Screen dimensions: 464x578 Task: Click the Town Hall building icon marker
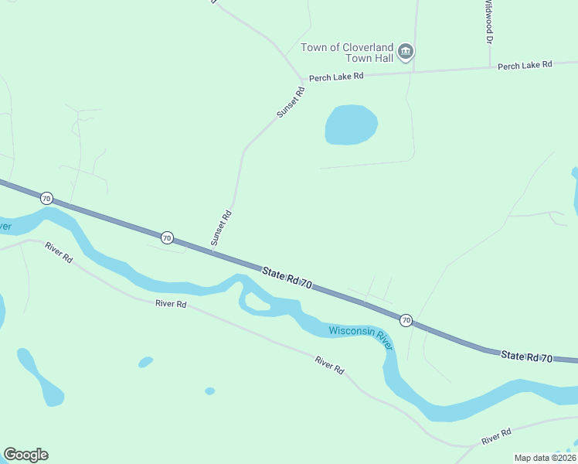[x=406, y=53]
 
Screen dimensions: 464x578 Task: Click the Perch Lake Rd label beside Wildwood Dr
[x=525, y=66]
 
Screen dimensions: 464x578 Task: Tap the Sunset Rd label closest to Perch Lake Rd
[x=291, y=102]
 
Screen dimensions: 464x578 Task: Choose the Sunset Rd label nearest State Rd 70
[x=222, y=228]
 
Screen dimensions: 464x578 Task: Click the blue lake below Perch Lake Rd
[x=351, y=125]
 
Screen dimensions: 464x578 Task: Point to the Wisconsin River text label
[x=362, y=336]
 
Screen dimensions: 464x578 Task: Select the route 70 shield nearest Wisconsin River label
[x=406, y=319]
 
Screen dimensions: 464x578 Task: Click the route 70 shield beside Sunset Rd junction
[x=167, y=237]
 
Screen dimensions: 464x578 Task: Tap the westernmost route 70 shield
[x=46, y=199]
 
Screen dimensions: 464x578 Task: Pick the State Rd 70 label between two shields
[x=287, y=278]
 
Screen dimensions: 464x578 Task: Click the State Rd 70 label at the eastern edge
[x=526, y=357]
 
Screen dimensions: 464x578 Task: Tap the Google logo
[x=25, y=455]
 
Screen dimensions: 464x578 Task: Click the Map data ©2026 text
[x=545, y=458]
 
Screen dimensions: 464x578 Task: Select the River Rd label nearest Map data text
[x=496, y=437]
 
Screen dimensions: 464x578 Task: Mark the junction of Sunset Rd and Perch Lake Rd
[x=302, y=80]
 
